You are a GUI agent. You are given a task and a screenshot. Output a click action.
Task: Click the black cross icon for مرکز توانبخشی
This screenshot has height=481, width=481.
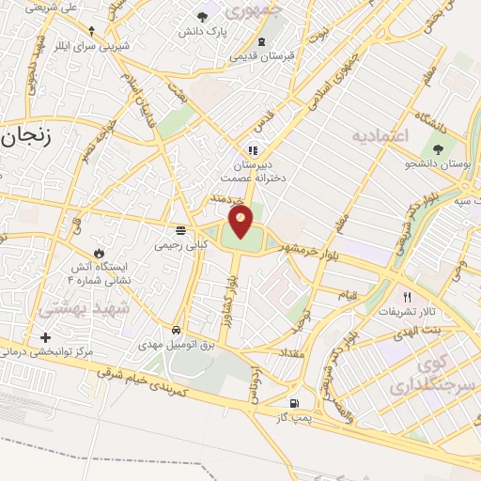tap(44, 337)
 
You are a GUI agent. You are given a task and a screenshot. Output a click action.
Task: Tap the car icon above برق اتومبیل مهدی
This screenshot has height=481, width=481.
tap(177, 331)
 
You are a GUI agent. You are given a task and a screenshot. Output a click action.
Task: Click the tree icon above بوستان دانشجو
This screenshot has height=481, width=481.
tap(437, 148)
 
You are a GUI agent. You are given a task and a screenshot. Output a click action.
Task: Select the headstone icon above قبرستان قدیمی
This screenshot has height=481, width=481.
tap(261, 41)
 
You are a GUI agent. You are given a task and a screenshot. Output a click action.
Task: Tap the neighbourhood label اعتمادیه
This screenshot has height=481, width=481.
tap(381, 137)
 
